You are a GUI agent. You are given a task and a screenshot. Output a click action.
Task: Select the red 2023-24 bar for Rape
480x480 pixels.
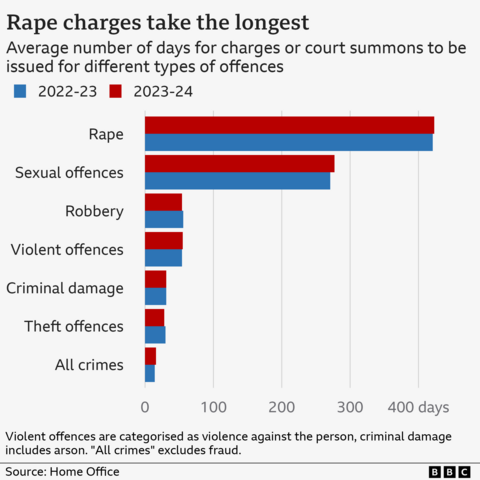pyautogui.click(x=289, y=125)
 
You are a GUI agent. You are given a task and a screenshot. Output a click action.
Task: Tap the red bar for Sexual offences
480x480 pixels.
pyautogui.click(x=239, y=164)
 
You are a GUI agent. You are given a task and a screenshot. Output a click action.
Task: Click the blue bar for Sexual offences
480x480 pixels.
pyautogui.click(x=237, y=181)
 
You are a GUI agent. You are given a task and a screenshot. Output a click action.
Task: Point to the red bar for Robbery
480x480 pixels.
pyautogui.click(x=163, y=202)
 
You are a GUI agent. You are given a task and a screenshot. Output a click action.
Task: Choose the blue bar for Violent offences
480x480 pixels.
pyautogui.click(x=163, y=258)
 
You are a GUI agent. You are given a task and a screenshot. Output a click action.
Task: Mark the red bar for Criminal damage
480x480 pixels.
pyautogui.click(x=155, y=279)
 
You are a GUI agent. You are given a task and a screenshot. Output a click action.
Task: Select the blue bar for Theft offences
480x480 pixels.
pyautogui.click(x=155, y=335)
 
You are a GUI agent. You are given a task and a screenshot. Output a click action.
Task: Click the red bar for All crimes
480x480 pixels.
pyautogui.click(x=150, y=356)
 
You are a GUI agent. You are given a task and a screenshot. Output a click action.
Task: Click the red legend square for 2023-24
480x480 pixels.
pyautogui.click(x=115, y=91)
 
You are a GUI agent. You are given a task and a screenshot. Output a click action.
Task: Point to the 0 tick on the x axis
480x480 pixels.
pyautogui.click(x=145, y=407)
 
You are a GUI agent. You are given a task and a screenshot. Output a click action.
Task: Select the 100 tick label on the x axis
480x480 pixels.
pyautogui.click(x=213, y=407)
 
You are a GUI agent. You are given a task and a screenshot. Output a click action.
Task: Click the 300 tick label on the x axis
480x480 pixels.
pyautogui.click(x=350, y=407)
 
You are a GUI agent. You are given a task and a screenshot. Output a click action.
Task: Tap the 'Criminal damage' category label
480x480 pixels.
pyautogui.click(x=65, y=288)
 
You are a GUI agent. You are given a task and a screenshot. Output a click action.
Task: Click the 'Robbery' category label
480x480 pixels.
pyautogui.click(x=94, y=211)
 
